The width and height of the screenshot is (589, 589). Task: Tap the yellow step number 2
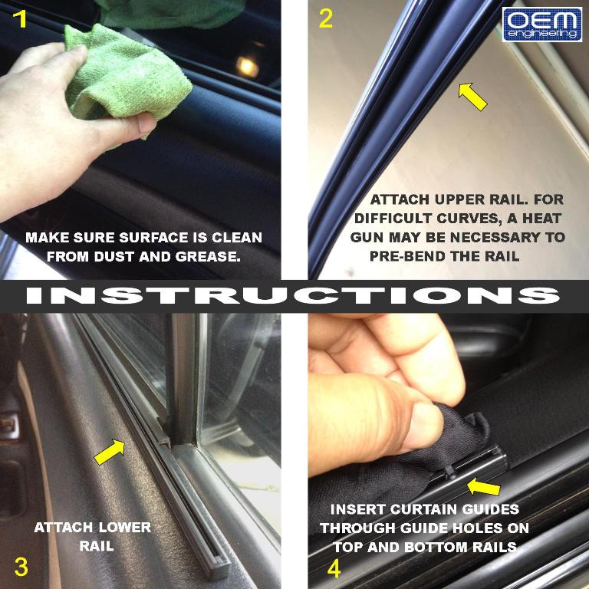click(x=326, y=19)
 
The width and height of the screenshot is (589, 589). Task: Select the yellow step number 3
click(x=21, y=567)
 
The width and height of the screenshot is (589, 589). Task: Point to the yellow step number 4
click(x=334, y=568)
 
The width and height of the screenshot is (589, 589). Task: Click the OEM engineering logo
click(x=542, y=25)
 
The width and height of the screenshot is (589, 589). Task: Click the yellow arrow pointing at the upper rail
click(x=472, y=97)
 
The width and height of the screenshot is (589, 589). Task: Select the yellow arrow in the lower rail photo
click(x=110, y=452)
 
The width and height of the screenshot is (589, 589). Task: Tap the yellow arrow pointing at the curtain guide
click(x=483, y=487)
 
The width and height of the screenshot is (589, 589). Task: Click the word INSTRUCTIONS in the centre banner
click(x=294, y=295)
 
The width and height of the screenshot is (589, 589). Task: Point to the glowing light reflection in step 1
click(x=247, y=67)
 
